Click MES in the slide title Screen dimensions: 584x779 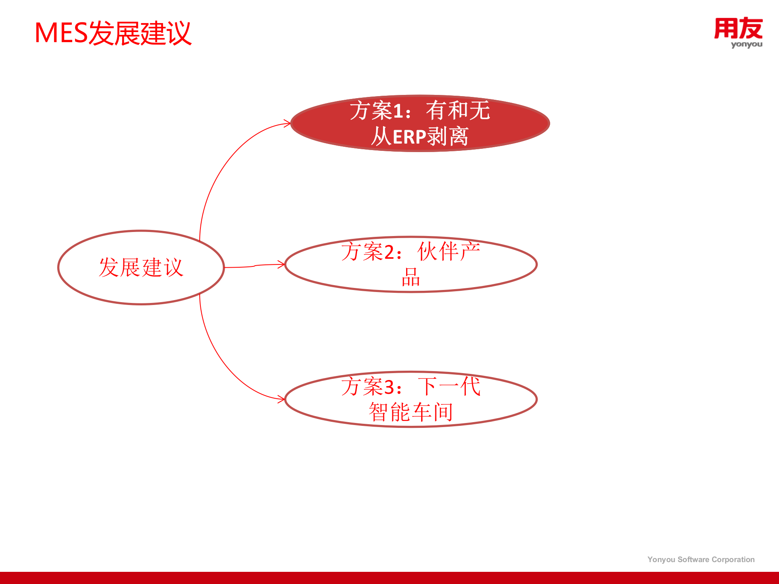tap(61, 33)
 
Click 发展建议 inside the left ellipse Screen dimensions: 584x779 tap(141, 268)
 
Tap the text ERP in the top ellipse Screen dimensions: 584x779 tap(409, 137)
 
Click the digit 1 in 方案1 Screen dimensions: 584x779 tap(398, 112)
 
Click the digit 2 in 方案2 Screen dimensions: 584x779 tap(389, 253)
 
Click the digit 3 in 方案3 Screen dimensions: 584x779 tap(389, 387)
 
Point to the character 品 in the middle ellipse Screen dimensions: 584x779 tap(411, 278)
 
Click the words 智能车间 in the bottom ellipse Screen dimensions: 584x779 tap(411, 412)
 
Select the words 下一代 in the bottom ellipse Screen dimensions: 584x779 tap(449, 386)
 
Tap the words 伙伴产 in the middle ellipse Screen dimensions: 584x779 tap(449, 252)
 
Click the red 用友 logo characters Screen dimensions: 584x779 tap(738, 28)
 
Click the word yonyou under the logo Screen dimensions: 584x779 tap(747, 45)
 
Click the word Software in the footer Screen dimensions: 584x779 tap(693, 560)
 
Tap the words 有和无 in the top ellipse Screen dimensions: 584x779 tap(458, 111)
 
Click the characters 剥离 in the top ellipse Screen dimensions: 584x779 tap(448, 137)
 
